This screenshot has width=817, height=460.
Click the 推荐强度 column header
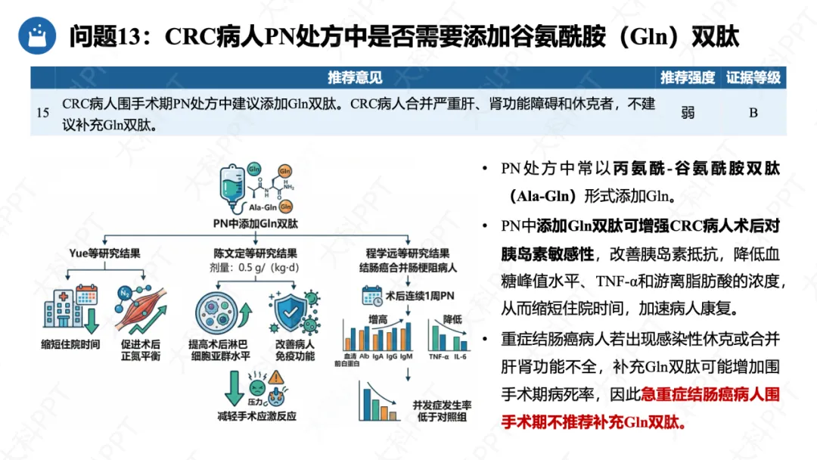tap(687, 77)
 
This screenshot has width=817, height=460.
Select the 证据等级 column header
tap(753, 77)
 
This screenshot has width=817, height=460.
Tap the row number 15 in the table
tap(43, 113)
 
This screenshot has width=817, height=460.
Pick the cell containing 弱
tap(687, 113)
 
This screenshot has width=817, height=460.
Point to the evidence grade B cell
tap(753, 113)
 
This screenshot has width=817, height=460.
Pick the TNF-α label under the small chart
tap(438, 356)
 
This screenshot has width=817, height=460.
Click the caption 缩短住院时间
tap(70, 344)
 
